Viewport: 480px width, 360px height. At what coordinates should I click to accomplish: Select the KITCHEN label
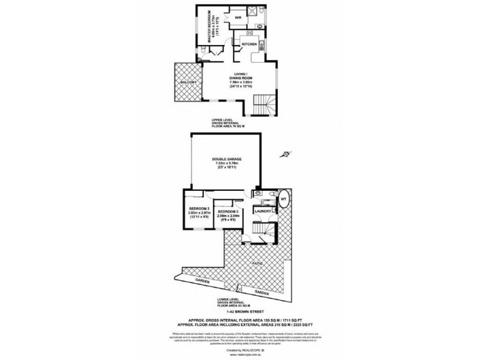250,44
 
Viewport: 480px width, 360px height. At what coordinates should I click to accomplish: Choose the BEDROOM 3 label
228,212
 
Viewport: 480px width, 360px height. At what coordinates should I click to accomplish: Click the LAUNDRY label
264,211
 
